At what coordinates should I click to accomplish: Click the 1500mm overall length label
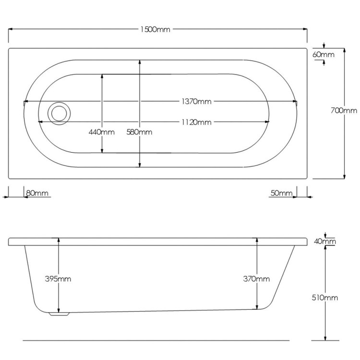click(156, 29)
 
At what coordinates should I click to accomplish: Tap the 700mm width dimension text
click(344, 111)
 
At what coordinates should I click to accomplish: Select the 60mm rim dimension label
click(323, 55)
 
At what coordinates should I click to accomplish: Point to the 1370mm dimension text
click(196, 101)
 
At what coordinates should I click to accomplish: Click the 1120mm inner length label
click(196, 122)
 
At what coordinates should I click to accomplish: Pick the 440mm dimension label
click(101, 132)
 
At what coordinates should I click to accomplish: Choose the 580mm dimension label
click(139, 132)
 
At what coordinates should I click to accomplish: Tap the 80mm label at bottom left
click(37, 193)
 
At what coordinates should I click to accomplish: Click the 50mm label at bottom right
click(281, 193)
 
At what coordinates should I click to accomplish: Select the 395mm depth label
click(58, 279)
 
